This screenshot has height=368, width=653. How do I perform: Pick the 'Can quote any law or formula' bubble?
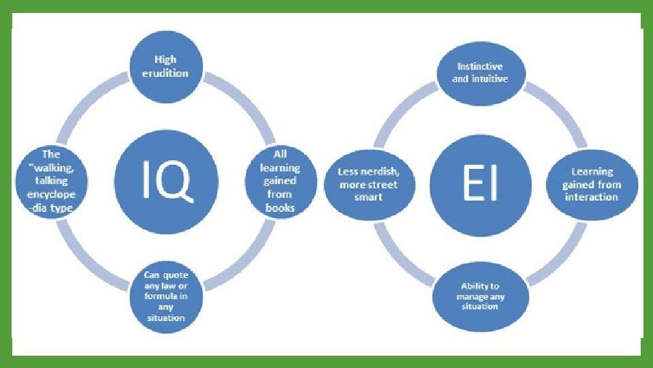[165, 295]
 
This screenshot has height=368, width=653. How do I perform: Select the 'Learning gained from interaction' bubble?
[592, 184]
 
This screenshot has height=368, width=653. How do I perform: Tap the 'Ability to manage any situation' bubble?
[480, 296]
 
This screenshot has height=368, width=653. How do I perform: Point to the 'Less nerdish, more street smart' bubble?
[367, 184]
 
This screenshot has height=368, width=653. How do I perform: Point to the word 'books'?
[280, 207]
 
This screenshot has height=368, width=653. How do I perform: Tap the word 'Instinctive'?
[480, 67]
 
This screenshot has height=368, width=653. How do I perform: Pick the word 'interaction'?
[592, 197]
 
